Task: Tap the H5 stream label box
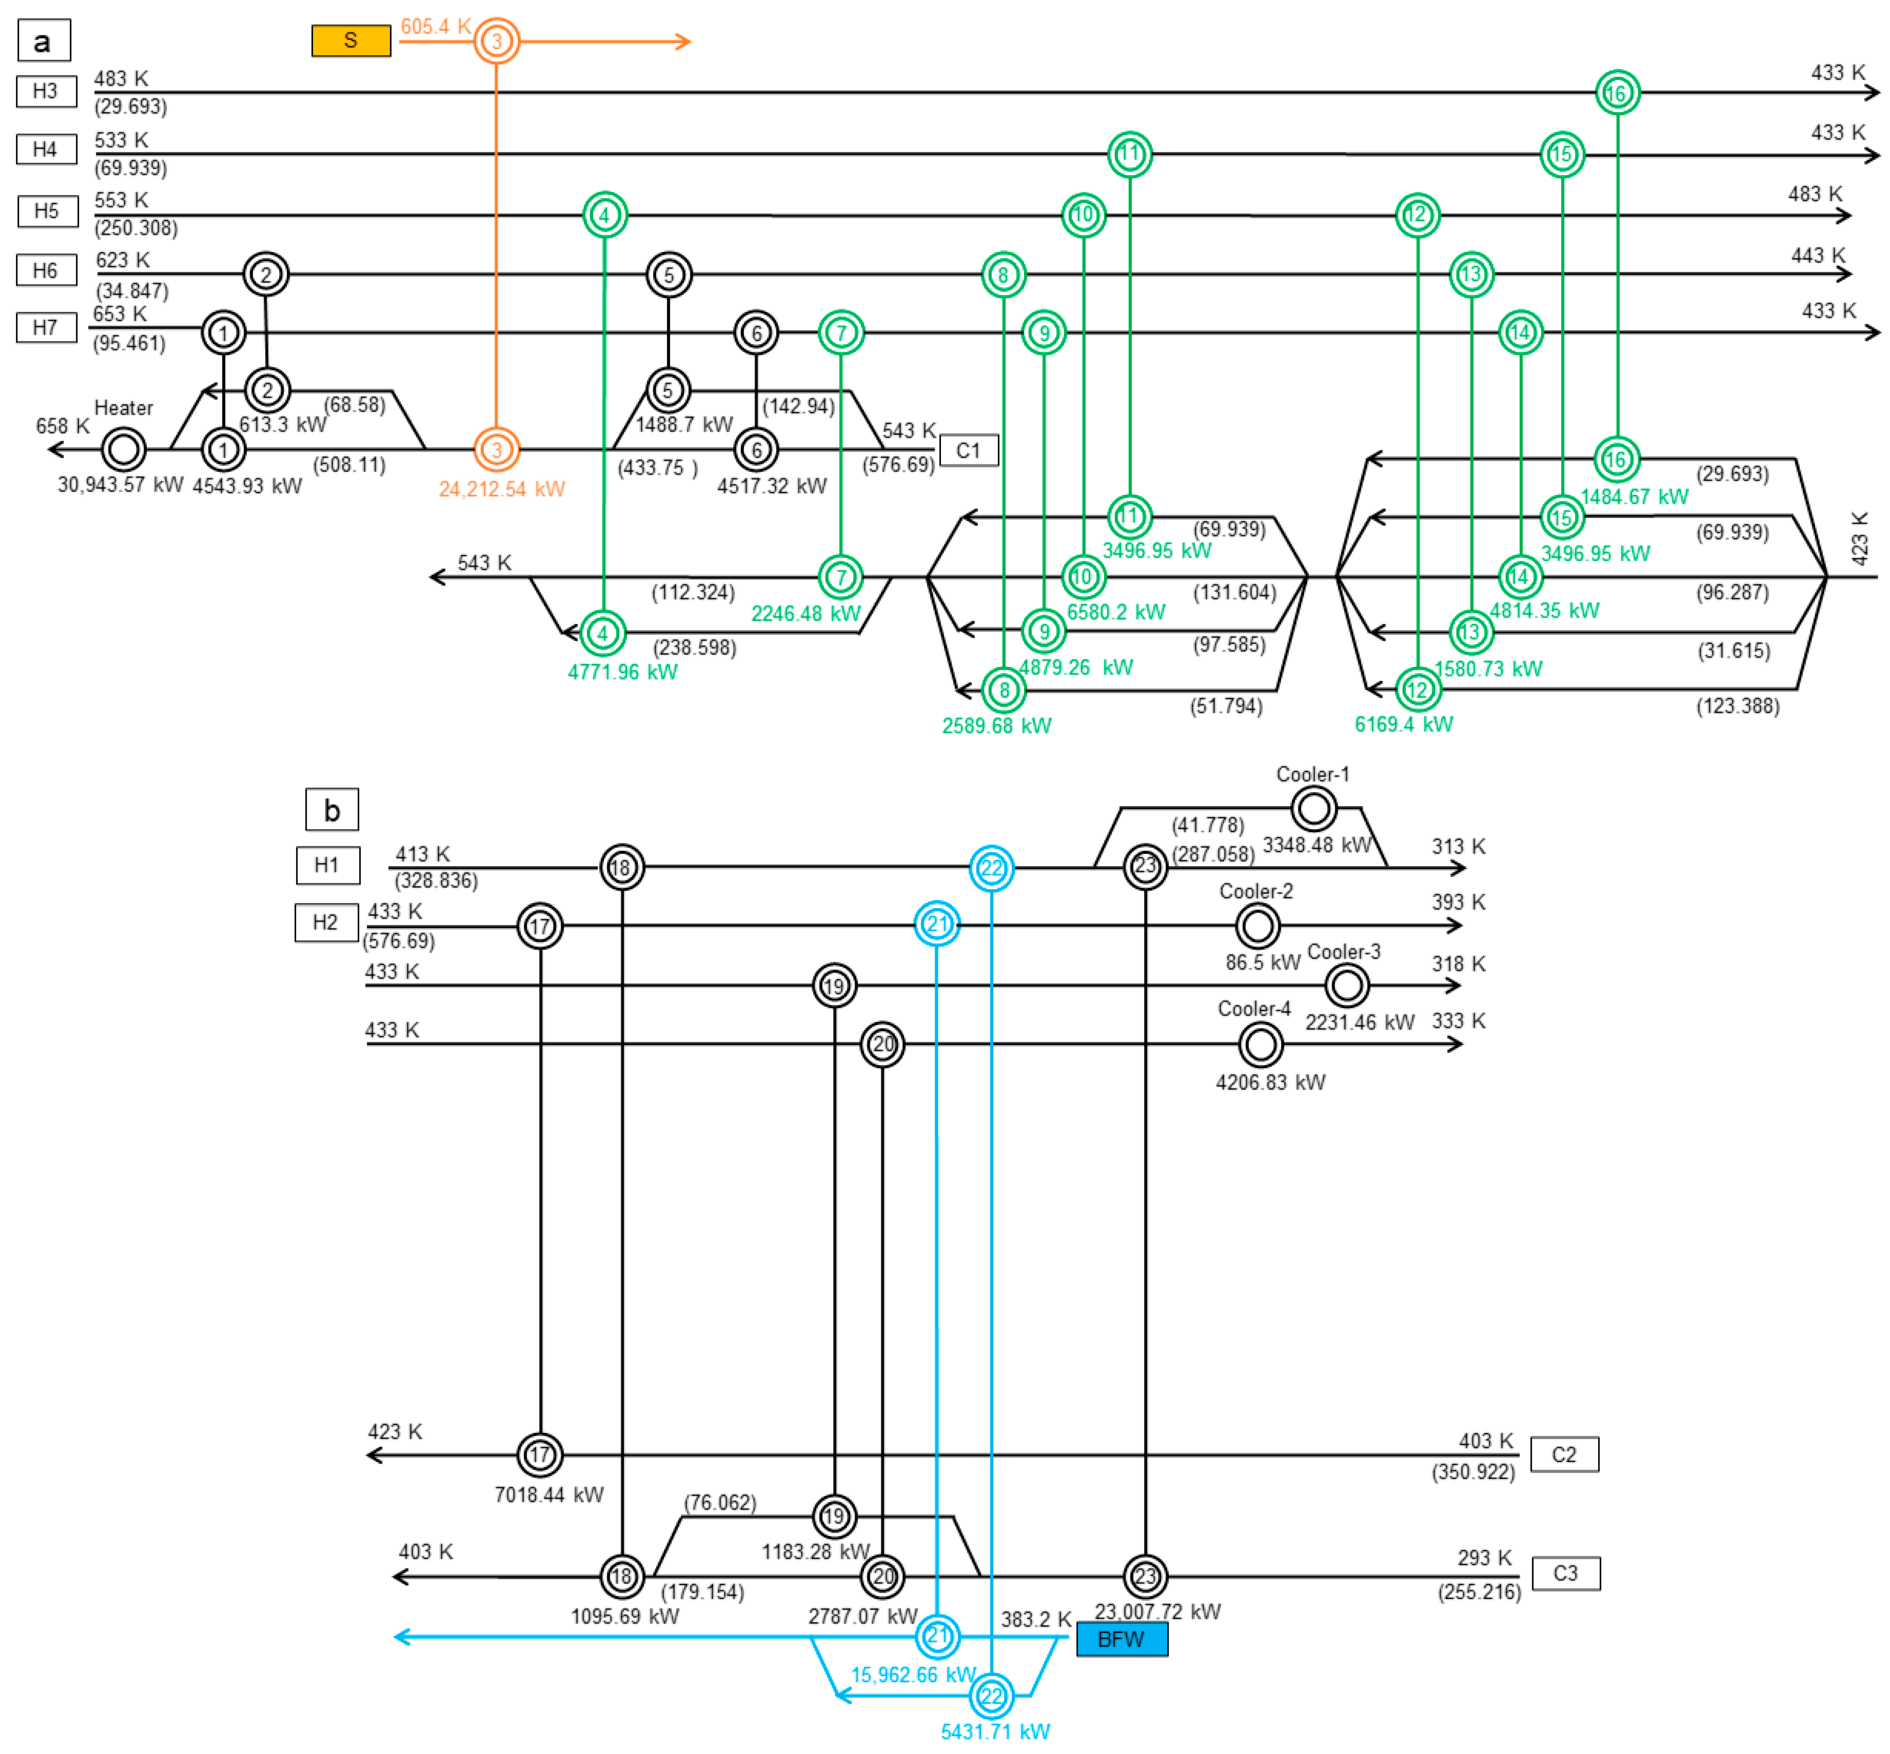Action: [x=47, y=211]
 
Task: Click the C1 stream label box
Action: [x=968, y=450]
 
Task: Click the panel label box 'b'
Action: [x=331, y=810]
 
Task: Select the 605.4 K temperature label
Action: [x=435, y=27]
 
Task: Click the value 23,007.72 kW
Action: [x=1157, y=1612]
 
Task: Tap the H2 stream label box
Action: [x=326, y=923]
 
